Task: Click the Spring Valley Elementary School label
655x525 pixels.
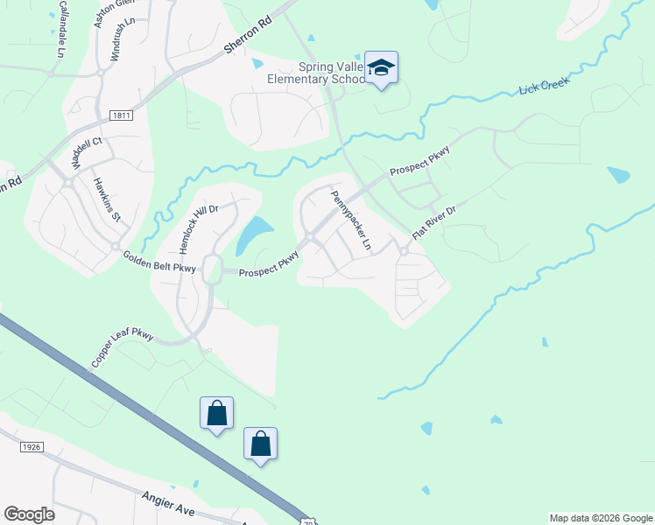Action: [x=317, y=73]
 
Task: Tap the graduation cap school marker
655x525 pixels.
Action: [x=381, y=67]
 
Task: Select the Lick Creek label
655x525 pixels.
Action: [x=544, y=86]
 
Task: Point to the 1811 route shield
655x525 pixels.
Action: [x=123, y=115]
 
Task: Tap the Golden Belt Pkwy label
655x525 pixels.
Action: [x=158, y=262]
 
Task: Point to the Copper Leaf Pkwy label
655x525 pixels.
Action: [x=122, y=348]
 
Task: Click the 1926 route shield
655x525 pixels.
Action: [x=31, y=446]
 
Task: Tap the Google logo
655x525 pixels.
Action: [x=29, y=514]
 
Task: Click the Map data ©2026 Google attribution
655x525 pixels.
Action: [x=600, y=518]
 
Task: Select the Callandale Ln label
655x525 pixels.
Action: [x=62, y=25]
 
